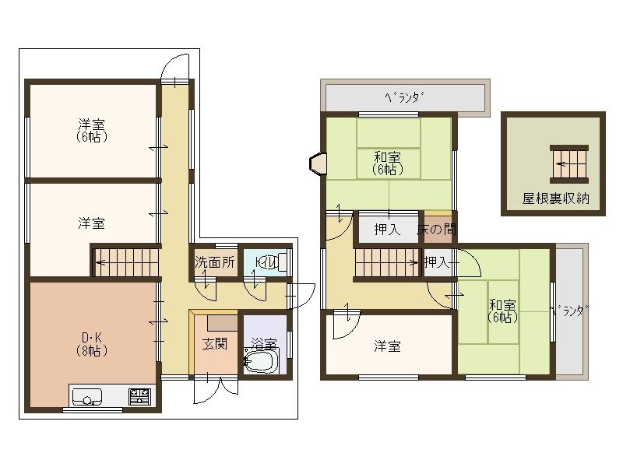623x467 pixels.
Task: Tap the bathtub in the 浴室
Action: (262, 360)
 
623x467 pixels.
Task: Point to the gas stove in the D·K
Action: (139, 397)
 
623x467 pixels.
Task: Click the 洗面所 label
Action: (215, 263)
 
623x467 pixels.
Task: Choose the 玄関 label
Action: (215, 344)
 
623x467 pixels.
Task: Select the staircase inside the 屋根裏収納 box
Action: (567, 163)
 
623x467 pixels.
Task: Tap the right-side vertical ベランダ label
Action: (568, 312)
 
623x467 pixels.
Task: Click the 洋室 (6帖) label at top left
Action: (92, 131)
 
